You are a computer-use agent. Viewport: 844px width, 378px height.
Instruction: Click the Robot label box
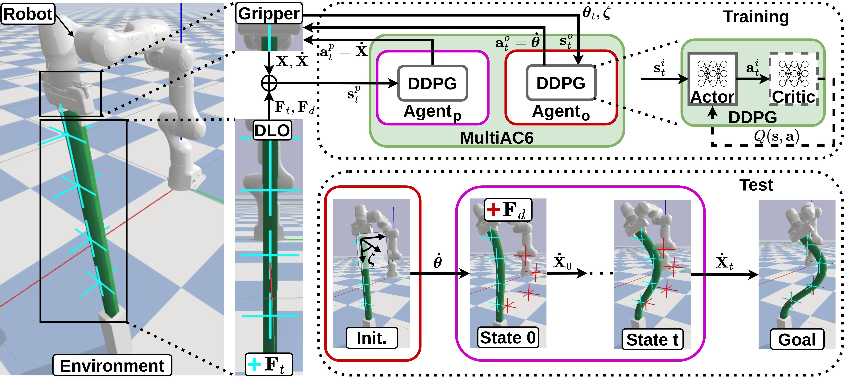tap(27, 14)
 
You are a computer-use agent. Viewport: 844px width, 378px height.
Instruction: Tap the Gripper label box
tap(269, 13)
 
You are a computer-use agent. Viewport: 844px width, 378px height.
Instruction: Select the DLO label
tap(272, 131)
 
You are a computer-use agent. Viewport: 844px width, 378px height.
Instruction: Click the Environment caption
tap(112, 365)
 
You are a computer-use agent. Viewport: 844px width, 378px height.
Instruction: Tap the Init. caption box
tap(372, 338)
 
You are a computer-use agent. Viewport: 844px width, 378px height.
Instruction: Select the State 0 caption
tap(507, 337)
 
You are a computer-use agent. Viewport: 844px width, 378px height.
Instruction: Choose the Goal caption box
tap(797, 339)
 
